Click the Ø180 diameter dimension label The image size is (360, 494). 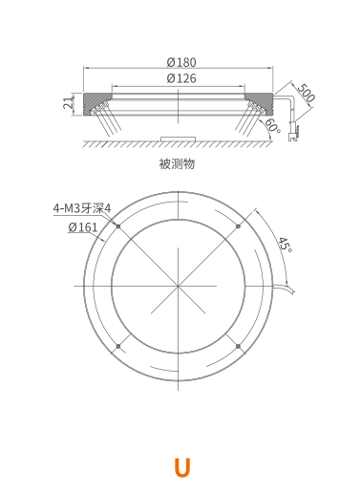coord(181,62)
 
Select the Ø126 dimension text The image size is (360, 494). coord(181,78)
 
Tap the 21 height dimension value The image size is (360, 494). coord(68,103)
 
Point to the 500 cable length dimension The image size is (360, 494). coord(307,93)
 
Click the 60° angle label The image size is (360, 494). coord(273,125)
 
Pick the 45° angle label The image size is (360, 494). coord(286,245)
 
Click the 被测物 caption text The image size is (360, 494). coord(177,163)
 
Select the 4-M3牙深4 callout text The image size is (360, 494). coord(82,208)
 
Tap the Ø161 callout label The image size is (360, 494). coord(83,227)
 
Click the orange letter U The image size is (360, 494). coord(182,467)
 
